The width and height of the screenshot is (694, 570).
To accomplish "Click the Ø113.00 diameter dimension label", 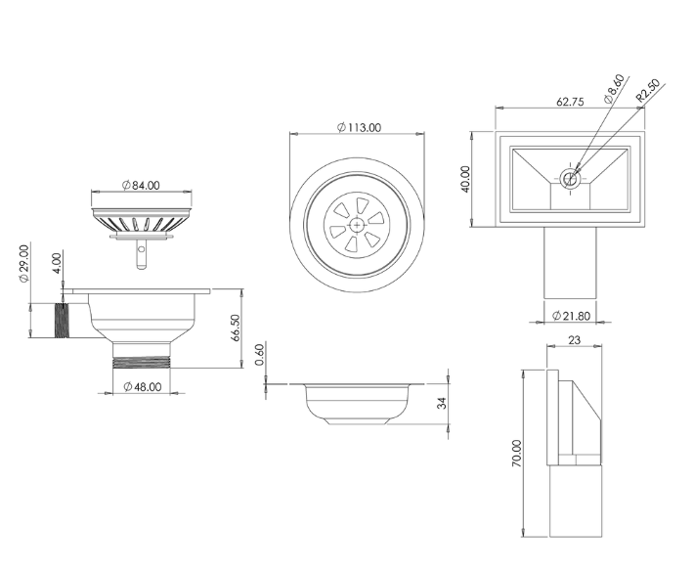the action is click(359, 127).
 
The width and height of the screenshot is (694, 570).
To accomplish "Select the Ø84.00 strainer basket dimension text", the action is click(141, 185).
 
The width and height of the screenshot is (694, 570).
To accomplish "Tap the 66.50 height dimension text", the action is click(235, 328).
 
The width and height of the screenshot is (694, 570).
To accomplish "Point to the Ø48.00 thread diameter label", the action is click(143, 387).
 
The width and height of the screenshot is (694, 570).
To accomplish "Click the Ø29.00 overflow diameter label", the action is click(23, 263).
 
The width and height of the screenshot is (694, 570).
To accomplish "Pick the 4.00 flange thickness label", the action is click(57, 263).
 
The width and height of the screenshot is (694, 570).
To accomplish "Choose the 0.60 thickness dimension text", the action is click(260, 355).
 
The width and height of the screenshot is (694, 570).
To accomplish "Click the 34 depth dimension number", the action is click(442, 403).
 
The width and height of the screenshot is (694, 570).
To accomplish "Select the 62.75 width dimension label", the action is click(570, 102).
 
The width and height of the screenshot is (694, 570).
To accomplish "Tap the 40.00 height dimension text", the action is click(465, 179).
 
